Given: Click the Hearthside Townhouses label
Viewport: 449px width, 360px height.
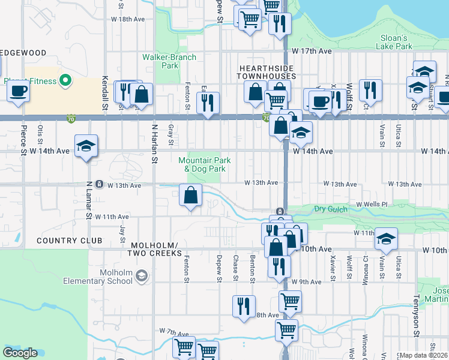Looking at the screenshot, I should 266,72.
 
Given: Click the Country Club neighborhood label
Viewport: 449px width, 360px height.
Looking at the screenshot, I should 69,241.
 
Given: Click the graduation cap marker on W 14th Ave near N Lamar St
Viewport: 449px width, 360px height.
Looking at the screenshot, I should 86,146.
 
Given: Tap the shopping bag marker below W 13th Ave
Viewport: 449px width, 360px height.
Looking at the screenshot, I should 190,196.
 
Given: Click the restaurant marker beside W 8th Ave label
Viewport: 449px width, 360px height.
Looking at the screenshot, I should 244,307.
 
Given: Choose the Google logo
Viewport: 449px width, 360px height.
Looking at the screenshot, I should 20,353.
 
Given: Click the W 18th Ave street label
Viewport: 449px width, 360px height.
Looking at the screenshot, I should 128,19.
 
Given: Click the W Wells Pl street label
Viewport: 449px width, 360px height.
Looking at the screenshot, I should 372,205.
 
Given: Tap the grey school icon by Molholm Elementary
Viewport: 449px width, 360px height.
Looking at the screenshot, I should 142,276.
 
